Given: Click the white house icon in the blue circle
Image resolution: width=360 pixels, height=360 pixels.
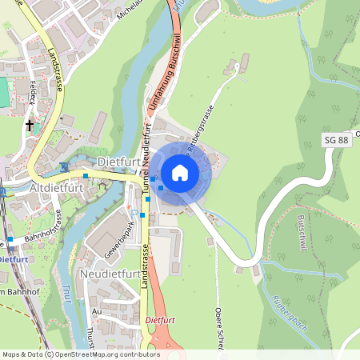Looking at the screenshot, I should pos(180,173).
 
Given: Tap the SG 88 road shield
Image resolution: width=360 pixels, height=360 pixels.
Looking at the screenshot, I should pos(337,140).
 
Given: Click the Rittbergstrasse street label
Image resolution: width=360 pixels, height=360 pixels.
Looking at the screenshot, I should pos(200,127).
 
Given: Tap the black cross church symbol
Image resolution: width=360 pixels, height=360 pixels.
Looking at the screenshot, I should pos(30,125).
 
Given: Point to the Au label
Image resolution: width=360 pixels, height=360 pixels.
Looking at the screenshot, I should pos(97,311).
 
